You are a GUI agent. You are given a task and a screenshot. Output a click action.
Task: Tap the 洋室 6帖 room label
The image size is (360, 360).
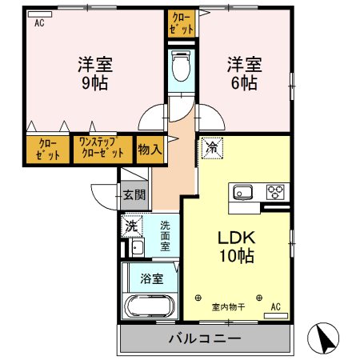[x=245, y=73]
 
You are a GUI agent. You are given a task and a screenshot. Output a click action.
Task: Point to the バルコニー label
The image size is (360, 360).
[x=204, y=338]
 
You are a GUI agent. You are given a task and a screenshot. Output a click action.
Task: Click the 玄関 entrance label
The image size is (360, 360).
[x=134, y=194]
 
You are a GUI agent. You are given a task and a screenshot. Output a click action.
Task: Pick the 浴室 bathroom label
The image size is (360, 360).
[x=152, y=279]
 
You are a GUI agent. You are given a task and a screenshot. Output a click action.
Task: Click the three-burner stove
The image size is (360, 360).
[x=275, y=193]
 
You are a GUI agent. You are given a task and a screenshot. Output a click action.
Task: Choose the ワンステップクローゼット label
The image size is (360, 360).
[x=102, y=149]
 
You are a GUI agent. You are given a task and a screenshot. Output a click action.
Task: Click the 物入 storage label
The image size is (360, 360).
[x=150, y=149]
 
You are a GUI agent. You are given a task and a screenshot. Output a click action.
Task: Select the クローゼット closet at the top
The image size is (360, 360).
[x=182, y=22]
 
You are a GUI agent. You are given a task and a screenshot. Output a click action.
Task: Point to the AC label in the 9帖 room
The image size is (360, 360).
[x=38, y=23]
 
